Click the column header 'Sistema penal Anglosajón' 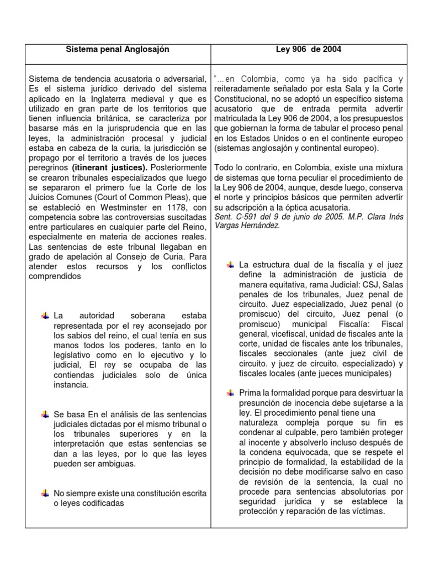pos(118,49)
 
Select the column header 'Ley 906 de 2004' pos(309,49)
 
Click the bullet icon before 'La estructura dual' pos(230,265)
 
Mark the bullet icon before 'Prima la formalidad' pos(230,392)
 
